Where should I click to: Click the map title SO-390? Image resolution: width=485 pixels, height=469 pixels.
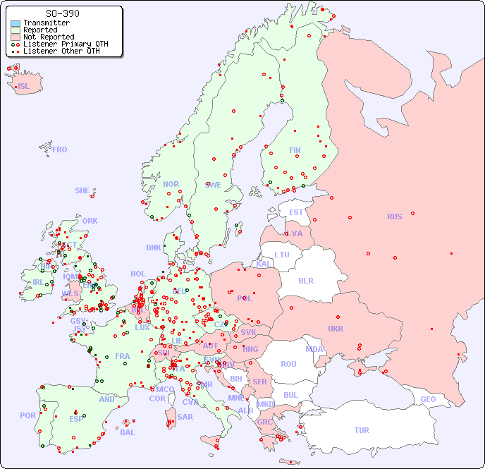coord(62,13)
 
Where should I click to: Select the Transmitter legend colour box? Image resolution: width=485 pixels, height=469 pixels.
coord(16,23)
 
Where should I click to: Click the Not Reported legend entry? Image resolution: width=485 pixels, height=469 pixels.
coord(48,37)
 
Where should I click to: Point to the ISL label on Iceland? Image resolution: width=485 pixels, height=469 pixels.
coord(24,87)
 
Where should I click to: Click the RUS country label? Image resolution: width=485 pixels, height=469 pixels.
coord(394,217)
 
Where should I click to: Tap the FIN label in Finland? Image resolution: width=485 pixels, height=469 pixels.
coord(295,150)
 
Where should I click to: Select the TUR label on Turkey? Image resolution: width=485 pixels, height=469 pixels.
coord(362,430)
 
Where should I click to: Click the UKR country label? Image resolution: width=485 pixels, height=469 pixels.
coord(336,329)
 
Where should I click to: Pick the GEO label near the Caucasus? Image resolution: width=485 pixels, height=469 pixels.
coord(428,399)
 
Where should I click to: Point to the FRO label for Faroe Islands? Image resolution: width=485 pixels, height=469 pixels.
coord(60,150)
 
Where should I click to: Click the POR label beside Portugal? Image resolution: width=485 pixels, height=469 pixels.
coord(27,415)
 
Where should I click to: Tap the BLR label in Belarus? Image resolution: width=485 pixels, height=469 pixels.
coord(306,280)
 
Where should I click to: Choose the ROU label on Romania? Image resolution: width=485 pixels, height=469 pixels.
coord(288,364)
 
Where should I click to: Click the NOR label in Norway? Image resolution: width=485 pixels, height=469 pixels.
coord(171,184)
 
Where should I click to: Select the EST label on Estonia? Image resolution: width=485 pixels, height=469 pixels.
coord(296,212)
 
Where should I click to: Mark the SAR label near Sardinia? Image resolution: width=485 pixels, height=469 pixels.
coord(185,417)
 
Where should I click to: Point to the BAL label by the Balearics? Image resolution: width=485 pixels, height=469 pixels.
coord(128,432)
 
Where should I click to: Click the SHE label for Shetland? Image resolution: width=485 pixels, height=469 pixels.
coord(82,190)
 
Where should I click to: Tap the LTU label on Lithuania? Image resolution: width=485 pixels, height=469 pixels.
coord(282,255)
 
